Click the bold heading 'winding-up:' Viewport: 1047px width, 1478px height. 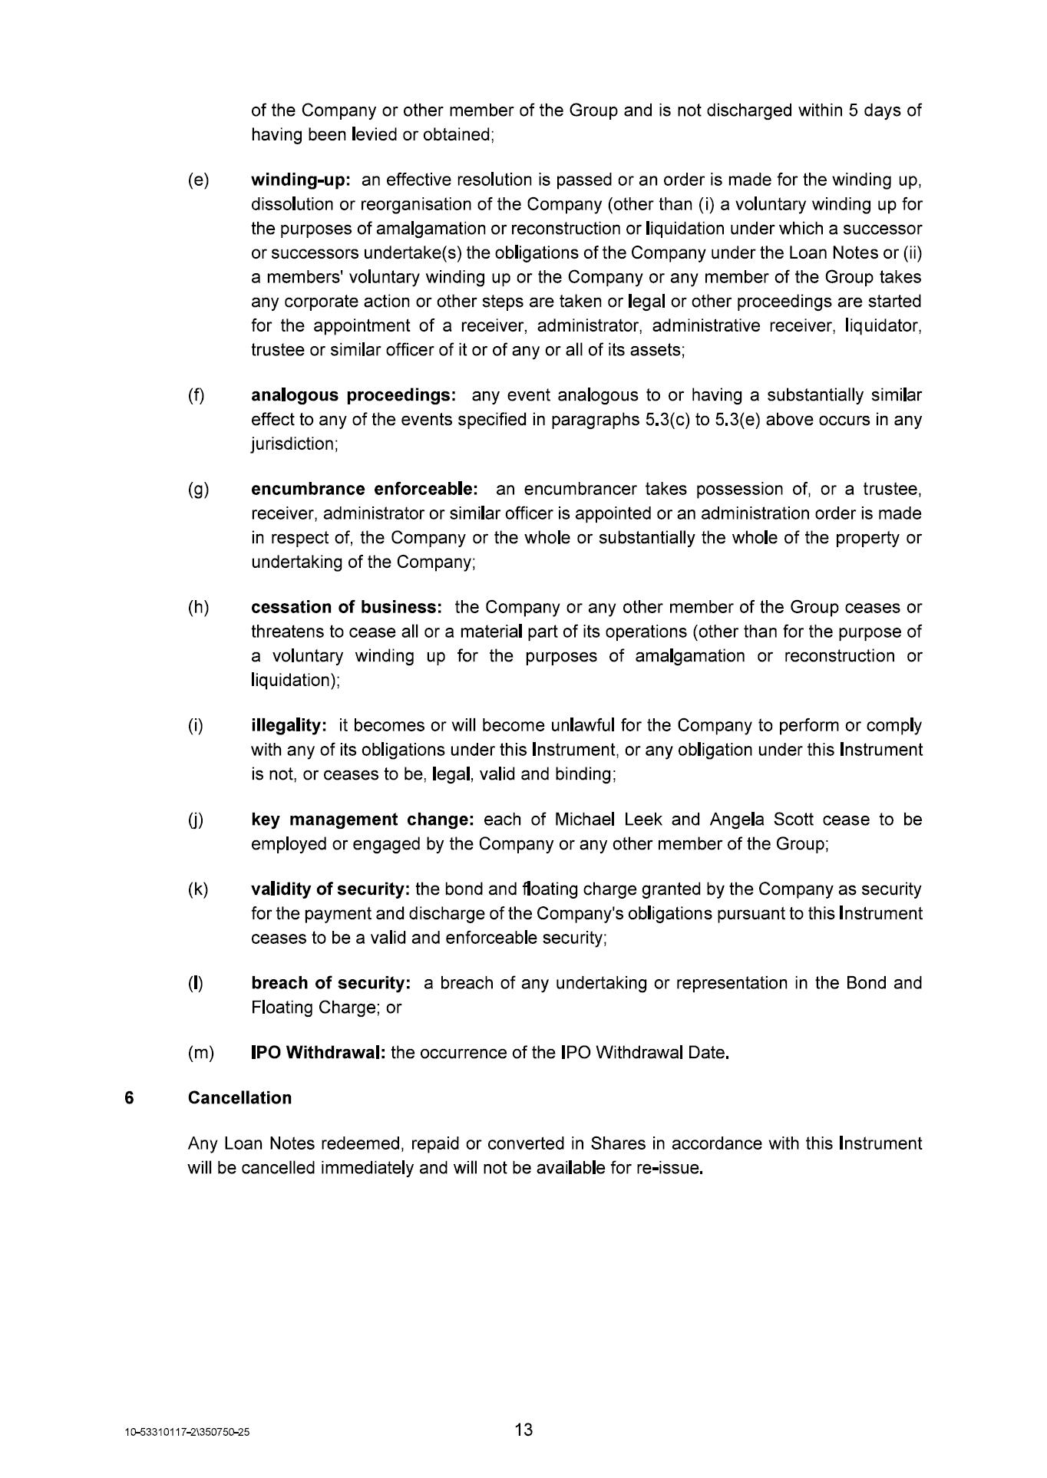(301, 180)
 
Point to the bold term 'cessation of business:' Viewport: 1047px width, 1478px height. (346, 607)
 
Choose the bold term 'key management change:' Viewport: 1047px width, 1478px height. (362, 820)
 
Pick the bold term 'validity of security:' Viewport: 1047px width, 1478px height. (330, 889)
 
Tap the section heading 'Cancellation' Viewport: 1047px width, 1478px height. (239, 1098)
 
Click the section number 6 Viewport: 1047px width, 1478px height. (129, 1098)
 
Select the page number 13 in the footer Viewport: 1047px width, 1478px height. (523, 1430)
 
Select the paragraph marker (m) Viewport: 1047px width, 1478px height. (201, 1053)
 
